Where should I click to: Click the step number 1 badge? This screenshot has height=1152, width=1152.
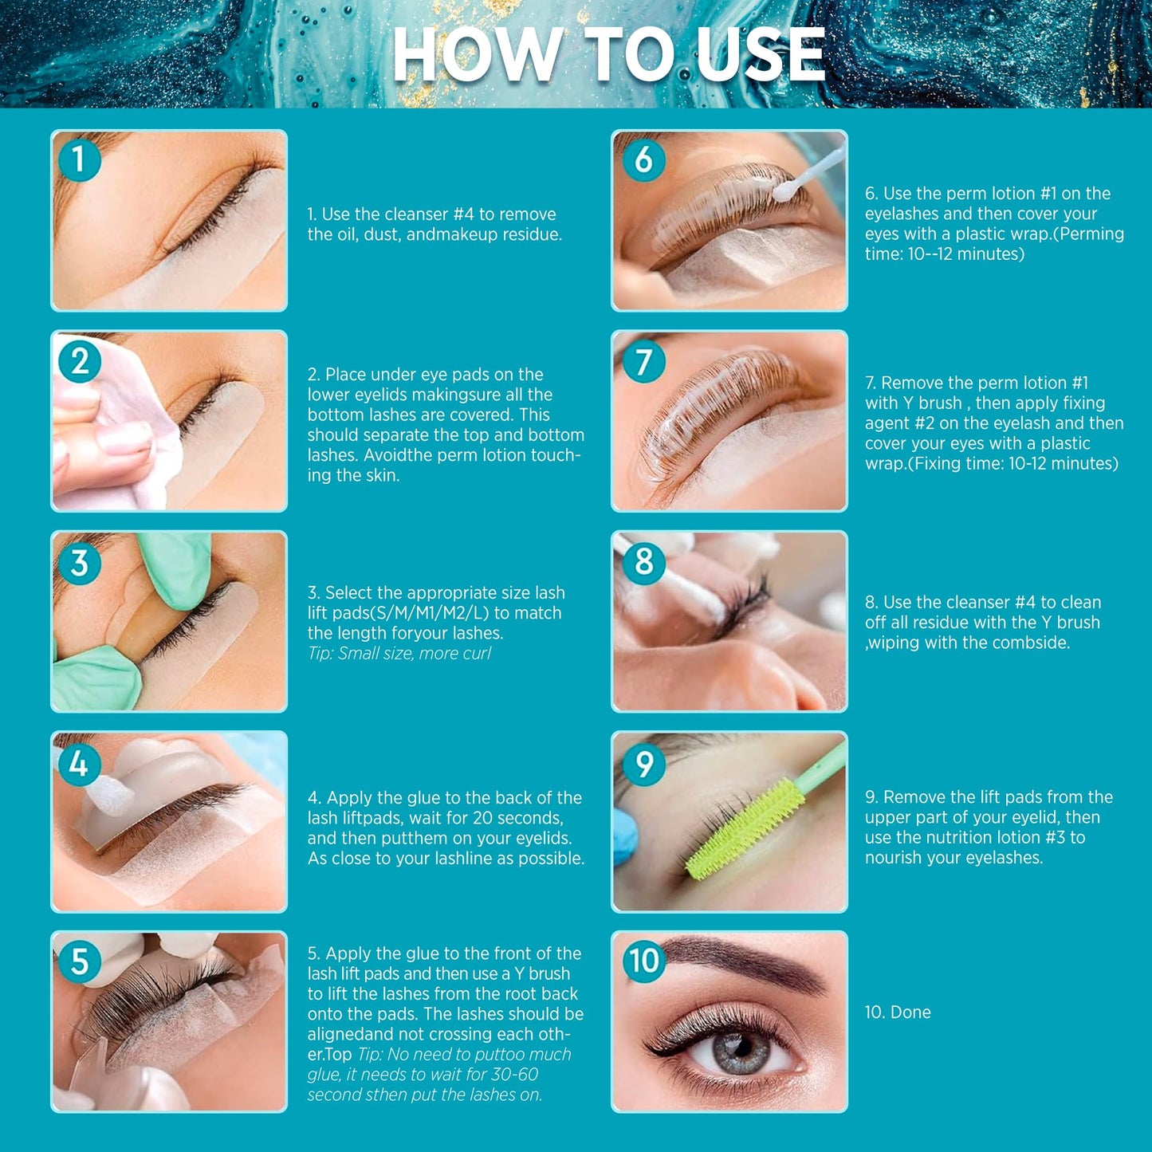click(80, 160)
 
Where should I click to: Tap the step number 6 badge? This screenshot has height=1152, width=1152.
click(643, 160)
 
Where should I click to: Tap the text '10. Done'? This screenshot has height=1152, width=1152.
click(898, 1012)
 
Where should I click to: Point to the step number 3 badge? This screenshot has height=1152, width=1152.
click(80, 564)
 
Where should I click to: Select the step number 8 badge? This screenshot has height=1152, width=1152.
click(643, 562)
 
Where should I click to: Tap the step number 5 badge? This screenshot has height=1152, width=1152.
click(80, 962)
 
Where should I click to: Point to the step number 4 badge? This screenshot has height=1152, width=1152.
click(80, 764)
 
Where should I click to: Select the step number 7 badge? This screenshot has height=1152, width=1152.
click(643, 362)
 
